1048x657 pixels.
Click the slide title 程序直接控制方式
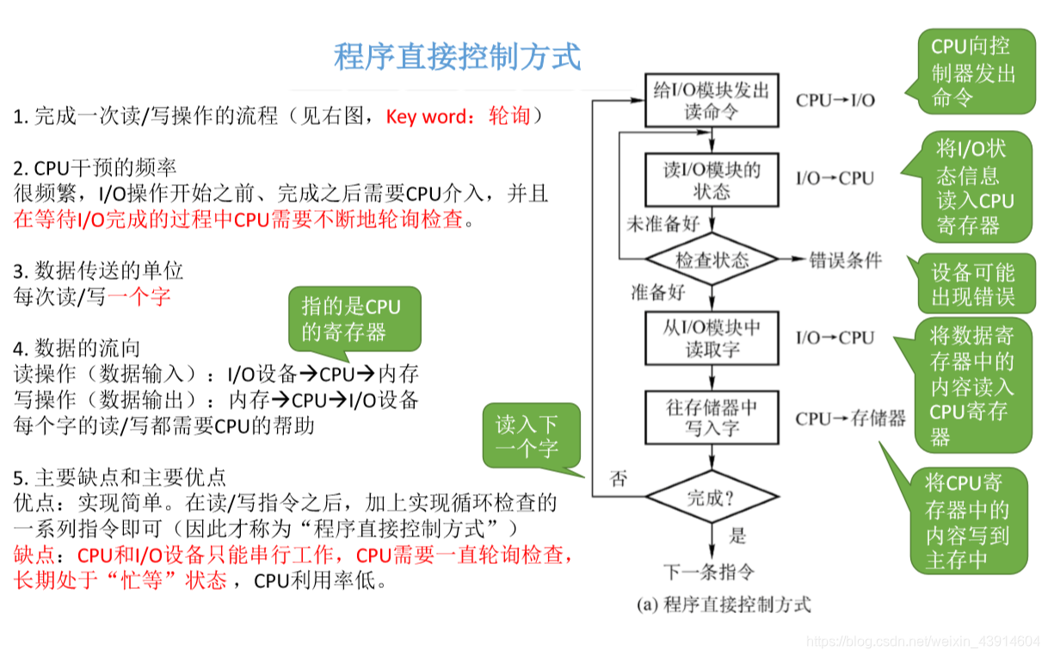[457, 56]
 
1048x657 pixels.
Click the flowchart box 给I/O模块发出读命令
[712, 100]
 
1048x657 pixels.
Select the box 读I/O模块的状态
[712, 179]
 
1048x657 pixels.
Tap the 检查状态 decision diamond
[712, 259]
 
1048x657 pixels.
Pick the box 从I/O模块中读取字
[712, 338]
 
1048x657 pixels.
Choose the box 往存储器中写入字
[712, 417]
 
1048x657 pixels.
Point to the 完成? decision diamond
[712, 497]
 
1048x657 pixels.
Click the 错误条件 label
[845, 259]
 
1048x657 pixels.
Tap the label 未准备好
[662, 224]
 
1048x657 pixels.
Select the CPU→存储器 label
[850, 418]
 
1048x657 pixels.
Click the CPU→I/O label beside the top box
[835, 100]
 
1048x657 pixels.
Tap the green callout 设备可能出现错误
[973, 285]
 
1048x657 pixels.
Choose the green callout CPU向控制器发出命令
[973, 71]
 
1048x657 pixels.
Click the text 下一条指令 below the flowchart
[709, 572]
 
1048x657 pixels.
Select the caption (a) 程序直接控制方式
[724, 604]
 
